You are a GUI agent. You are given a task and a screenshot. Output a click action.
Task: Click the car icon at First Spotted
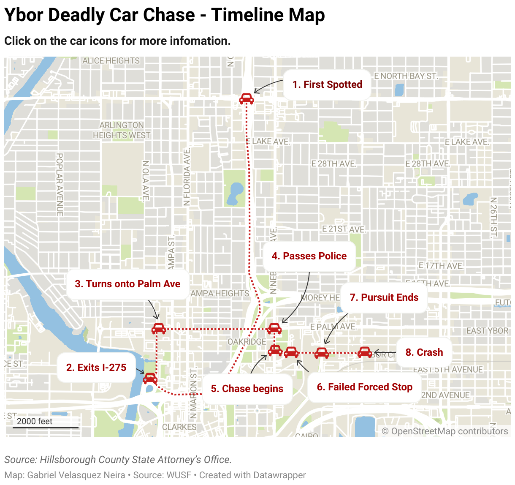click(x=247, y=99)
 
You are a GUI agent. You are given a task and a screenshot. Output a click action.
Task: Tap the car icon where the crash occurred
click(x=365, y=352)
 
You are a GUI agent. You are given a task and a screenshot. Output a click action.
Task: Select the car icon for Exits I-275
click(x=150, y=378)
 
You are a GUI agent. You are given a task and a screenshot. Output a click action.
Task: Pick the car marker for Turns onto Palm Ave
click(x=159, y=328)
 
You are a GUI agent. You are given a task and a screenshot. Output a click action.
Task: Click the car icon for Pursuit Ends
click(x=322, y=353)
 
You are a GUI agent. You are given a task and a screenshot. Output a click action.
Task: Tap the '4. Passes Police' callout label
click(x=309, y=256)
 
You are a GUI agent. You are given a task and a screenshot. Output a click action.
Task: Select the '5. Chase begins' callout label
click(x=247, y=389)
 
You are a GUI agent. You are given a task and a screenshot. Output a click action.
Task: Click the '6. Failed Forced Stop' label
click(x=364, y=387)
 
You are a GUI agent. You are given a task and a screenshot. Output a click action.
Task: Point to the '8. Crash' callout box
click(x=424, y=352)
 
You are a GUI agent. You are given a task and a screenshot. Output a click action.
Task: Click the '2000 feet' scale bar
click(x=45, y=422)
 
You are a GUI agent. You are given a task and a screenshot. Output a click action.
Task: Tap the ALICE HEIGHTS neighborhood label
click(x=111, y=61)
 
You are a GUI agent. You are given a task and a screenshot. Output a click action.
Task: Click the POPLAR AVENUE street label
click(x=60, y=185)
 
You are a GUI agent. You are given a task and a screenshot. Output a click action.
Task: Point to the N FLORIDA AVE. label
click(x=187, y=177)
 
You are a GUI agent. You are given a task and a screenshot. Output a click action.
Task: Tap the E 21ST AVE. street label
click(x=344, y=229)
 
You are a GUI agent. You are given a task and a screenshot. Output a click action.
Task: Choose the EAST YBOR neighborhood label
click(x=487, y=331)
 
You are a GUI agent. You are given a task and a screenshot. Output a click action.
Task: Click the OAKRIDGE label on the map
click(x=247, y=341)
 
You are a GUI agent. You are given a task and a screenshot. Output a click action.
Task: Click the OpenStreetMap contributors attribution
click(x=445, y=431)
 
